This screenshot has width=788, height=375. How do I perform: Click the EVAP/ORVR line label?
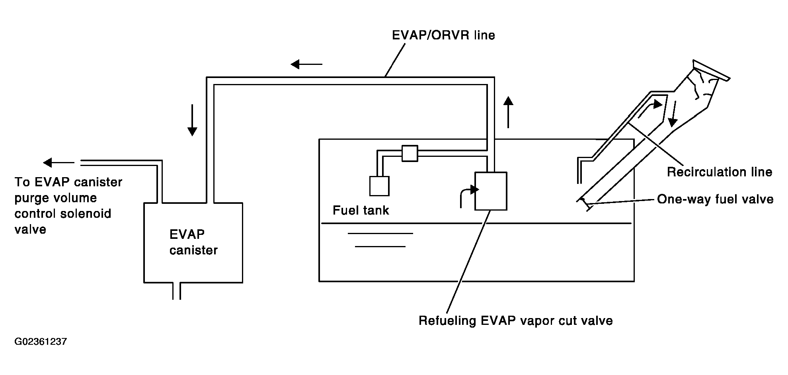pyautogui.click(x=443, y=35)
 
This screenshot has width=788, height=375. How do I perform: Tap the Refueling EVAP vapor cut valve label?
pyautogui.click(x=515, y=320)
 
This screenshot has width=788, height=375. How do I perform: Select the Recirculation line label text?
pyautogui.click(x=720, y=172)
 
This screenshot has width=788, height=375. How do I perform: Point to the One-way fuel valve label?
pyautogui.click(x=715, y=199)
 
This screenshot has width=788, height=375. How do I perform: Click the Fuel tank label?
pyautogui.click(x=361, y=210)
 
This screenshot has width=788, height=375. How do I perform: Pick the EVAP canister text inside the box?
pyautogui.click(x=193, y=242)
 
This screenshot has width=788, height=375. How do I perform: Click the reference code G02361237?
pyautogui.click(x=41, y=342)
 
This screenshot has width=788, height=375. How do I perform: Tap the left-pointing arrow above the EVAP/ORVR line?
pyautogui.click(x=306, y=64)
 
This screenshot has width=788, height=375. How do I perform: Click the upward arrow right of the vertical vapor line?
pyautogui.click(x=508, y=112)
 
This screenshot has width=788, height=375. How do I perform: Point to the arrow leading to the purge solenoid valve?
pyautogui.click(x=59, y=162)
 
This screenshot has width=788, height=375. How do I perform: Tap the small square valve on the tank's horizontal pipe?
pyautogui.click(x=410, y=153)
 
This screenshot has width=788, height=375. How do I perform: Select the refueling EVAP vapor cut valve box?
pyautogui.click(x=491, y=191)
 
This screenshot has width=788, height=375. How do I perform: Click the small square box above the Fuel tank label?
pyautogui.click(x=379, y=186)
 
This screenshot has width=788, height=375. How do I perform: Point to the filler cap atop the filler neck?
pyautogui.click(x=712, y=70)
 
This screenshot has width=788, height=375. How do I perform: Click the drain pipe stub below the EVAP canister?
pyautogui.click(x=176, y=291)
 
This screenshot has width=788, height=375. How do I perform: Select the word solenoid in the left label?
pyautogui.click(x=87, y=214)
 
